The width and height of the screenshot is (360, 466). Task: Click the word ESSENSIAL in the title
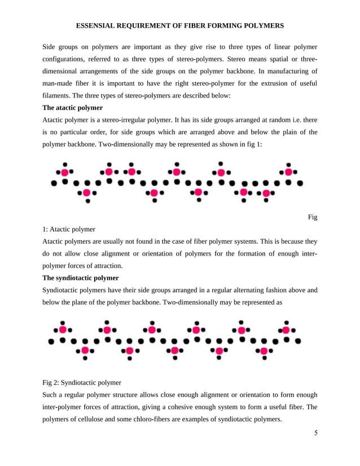pyautogui.click(x=96, y=26)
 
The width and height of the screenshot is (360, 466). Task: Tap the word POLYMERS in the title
pyautogui.click(x=264, y=26)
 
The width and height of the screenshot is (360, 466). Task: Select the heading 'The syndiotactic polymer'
pyautogui.click(x=81, y=278)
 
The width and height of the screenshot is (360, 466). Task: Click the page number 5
pyautogui.click(x=316, y=433)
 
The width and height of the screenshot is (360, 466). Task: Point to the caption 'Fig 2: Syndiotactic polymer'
pyautogui.click(x=82, y=383)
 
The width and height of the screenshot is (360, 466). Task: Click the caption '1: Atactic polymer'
pyautogui.click(x=69, y=229)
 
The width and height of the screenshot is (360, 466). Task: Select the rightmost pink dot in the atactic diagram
pyautogui.click(x=289, y=172)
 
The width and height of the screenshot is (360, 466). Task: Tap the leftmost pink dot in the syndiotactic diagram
pyautogui.click(x=63, y=329)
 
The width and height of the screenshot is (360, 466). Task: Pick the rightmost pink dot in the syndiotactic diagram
pyautogui.click(x=287, y=329)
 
